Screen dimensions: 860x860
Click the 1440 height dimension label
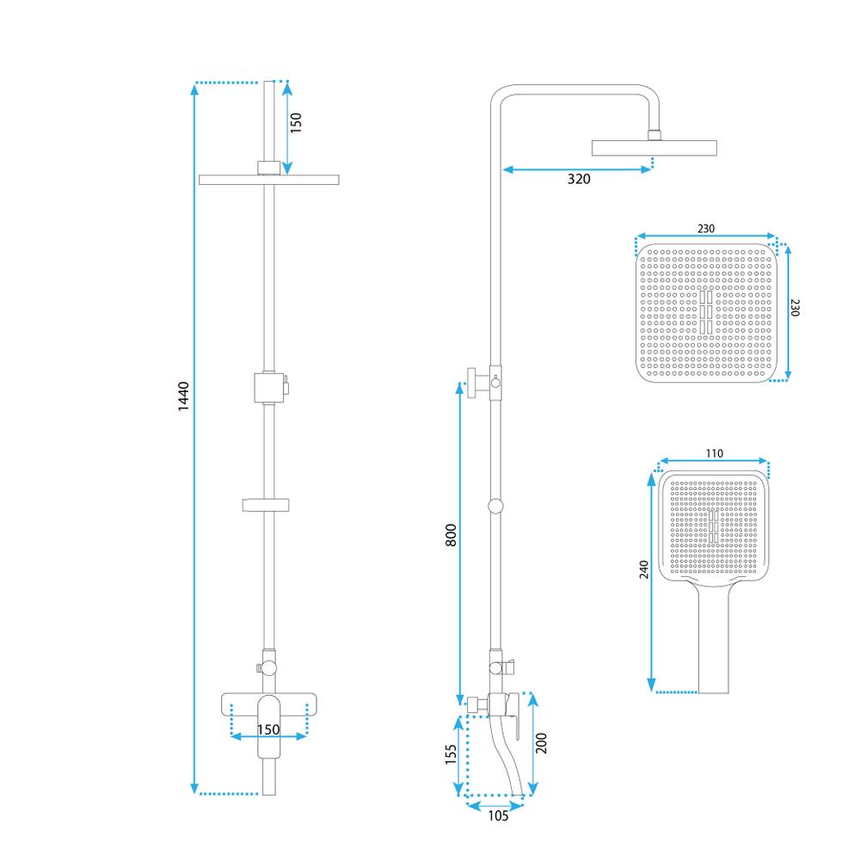tap(183, 396)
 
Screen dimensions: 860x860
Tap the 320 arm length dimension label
tap(579, 179)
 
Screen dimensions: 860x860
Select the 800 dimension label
tap(451, 535)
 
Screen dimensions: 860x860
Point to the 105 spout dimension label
tap(498, 815)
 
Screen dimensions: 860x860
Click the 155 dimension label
tap(451, 754)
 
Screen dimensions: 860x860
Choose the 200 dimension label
tap(541, 743)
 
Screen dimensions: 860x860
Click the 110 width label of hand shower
tap(714, 453)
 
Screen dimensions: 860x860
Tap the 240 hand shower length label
tap(644, 569)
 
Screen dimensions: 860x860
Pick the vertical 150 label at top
tap(296, 122)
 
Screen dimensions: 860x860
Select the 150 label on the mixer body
tap(268, 729)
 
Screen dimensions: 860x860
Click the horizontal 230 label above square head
tap(706, 228)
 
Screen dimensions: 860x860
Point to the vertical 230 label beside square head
tap(795, 307)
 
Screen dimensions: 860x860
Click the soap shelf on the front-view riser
tap(266, 505)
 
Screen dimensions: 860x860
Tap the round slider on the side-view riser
tap(495, 506)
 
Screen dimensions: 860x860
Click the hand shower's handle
tap(714, 639)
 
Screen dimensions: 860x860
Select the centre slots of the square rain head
tap(706, 312)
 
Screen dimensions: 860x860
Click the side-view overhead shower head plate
tap(654, 148)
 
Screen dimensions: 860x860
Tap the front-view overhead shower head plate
tap(268, 180)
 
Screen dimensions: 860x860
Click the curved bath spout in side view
tap(509, 757)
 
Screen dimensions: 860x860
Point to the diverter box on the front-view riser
tap(268, 387)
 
